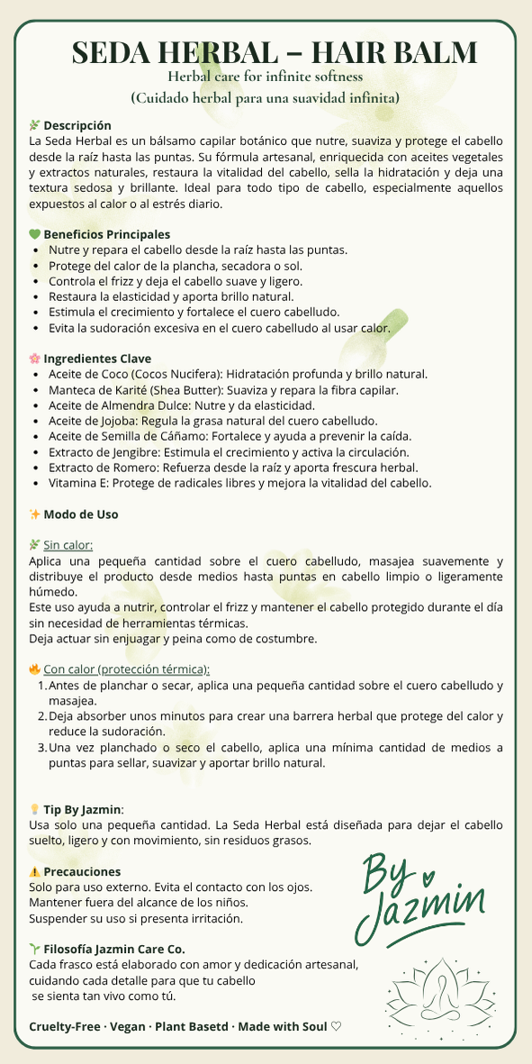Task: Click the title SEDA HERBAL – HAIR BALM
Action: (x=275, y=51)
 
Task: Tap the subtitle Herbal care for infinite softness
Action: (x=266, y=77)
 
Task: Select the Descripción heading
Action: (x=77, y=125)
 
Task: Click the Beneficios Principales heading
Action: (x=106, y=234)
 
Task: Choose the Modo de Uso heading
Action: (x=80, y=514)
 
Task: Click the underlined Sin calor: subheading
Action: (x=68, y=545)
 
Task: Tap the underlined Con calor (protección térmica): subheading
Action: (x=126, y=669)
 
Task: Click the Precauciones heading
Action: (x=82, y=872)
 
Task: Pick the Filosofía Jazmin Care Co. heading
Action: (x=114, y=949)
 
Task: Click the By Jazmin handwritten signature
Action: (x=421, y=892)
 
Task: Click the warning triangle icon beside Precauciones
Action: (x=35, y=872)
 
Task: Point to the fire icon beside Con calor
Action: (x=35, y=669)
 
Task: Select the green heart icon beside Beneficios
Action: (x=35, y=234)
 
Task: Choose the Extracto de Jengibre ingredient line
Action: (x=229, y=451)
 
